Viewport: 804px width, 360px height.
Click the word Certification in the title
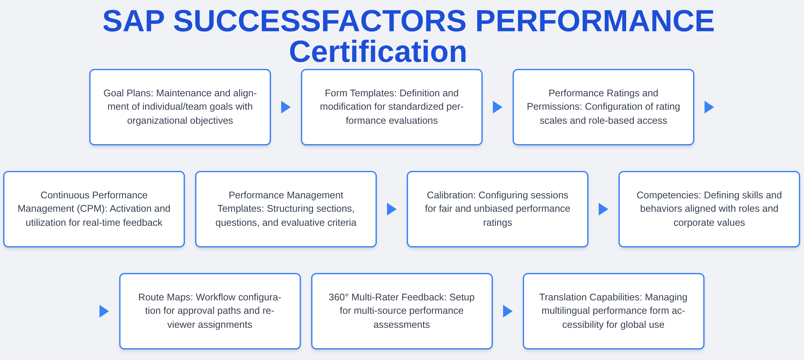click(378, 52)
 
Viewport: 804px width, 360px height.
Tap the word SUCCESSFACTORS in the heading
click(320, 21)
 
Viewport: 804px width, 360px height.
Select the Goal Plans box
click(180, 107)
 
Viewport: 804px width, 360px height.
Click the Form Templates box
click(391, 107)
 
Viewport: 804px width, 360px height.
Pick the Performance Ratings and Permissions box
click(603, 107)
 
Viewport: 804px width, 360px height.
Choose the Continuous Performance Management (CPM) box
click(94, 209)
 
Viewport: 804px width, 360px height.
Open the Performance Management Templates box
click(286, 209)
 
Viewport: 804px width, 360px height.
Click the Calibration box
click(497, 209)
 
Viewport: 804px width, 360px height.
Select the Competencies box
click(709, 209)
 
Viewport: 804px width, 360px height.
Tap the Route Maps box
click(210, 311)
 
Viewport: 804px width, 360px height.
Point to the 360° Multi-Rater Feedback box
click(402, 311)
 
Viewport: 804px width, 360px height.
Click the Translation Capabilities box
click(613, 311)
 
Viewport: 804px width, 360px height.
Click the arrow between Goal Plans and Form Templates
click(285, 107)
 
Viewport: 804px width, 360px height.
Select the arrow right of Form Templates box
click(497, 107)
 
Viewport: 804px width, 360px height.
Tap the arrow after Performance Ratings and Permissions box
click(709, 107)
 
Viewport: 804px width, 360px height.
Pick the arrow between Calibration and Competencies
click(603, 209)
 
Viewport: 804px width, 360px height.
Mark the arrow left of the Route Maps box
click(104, 311)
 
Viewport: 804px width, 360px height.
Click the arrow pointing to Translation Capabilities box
click(507, 311)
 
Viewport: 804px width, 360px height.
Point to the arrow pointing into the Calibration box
click(391, 209)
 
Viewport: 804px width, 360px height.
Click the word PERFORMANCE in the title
click(595, 21)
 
